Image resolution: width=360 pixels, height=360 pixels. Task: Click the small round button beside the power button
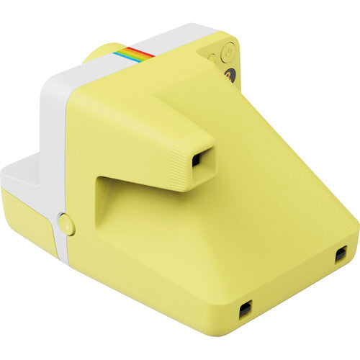point(212,57)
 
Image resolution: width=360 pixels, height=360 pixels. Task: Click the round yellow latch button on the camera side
point(66,225)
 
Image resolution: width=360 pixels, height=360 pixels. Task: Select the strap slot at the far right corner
point(341,254)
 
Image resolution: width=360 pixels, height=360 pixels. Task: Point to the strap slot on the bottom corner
point(246,310)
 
